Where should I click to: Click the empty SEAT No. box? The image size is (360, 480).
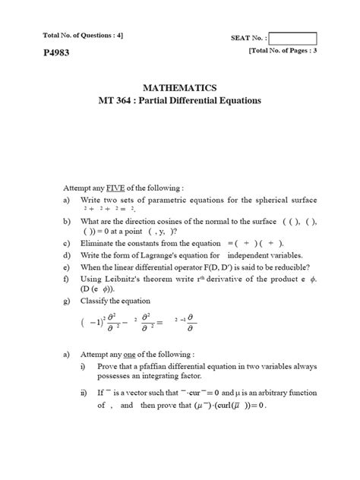point(293,39)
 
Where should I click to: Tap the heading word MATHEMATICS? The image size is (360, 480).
point(179,87)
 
